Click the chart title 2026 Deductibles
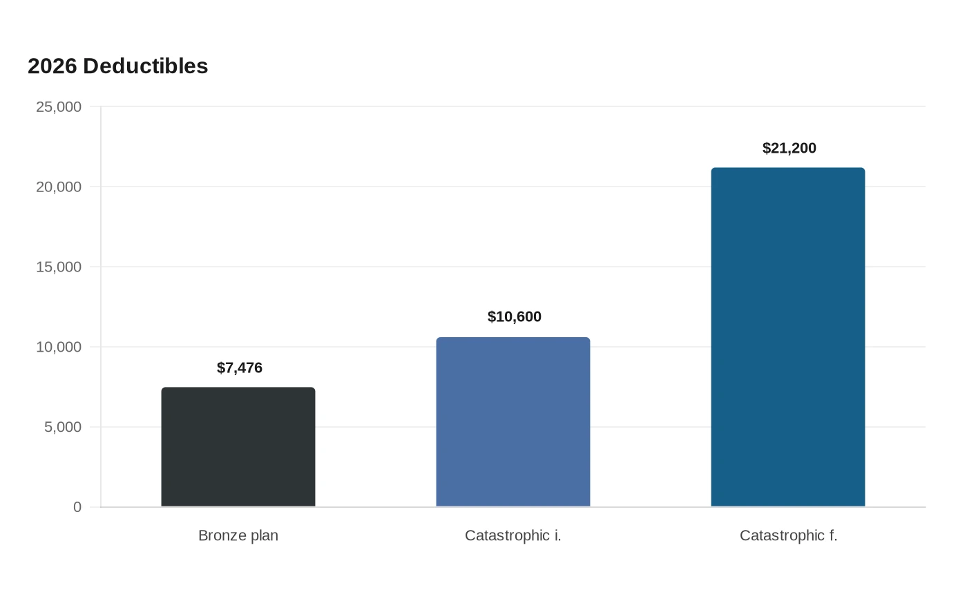[x=118, y=66]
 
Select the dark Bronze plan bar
[x=238, y=447]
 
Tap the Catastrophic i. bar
[x=513, y=422]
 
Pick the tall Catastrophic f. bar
[x=788, y=337]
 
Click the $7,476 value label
[x=240, y=368]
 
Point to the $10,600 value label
[x=514, y=317]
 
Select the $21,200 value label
[x=789, y=148]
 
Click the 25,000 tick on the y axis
[x=59, y=107]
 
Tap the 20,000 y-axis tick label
[x=59, y=187]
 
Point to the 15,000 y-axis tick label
[x=59, y=267]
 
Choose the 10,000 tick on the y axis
[x=59, y=347]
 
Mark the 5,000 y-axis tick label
[x=63, y=427]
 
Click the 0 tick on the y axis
[x=77, y=507]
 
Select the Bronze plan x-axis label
[x=238, y=536]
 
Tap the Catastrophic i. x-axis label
[x=513, y=536]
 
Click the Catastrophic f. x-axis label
[x=788, y=536]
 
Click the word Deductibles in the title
[x=146, y=66]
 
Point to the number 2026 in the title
[x=52, y=66]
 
